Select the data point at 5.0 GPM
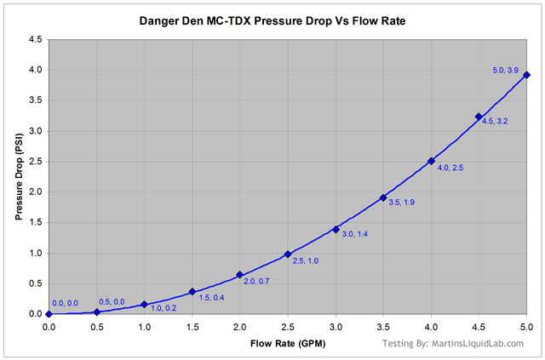(526, 75)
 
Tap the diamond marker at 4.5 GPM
(479, 117)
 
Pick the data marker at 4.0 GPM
(431, 161)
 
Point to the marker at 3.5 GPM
(383, 197)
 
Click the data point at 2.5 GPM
(288, 254)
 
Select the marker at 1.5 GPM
(192, 291)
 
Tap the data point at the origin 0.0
(49, 314)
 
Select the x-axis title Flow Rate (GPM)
(287, 344)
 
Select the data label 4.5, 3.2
(496, 122)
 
